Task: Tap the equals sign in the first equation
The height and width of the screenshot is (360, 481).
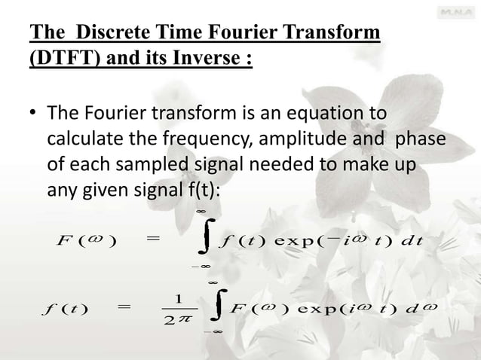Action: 153,240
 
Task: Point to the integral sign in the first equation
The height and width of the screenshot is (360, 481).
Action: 203,240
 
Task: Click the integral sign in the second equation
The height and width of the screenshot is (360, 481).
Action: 218,310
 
